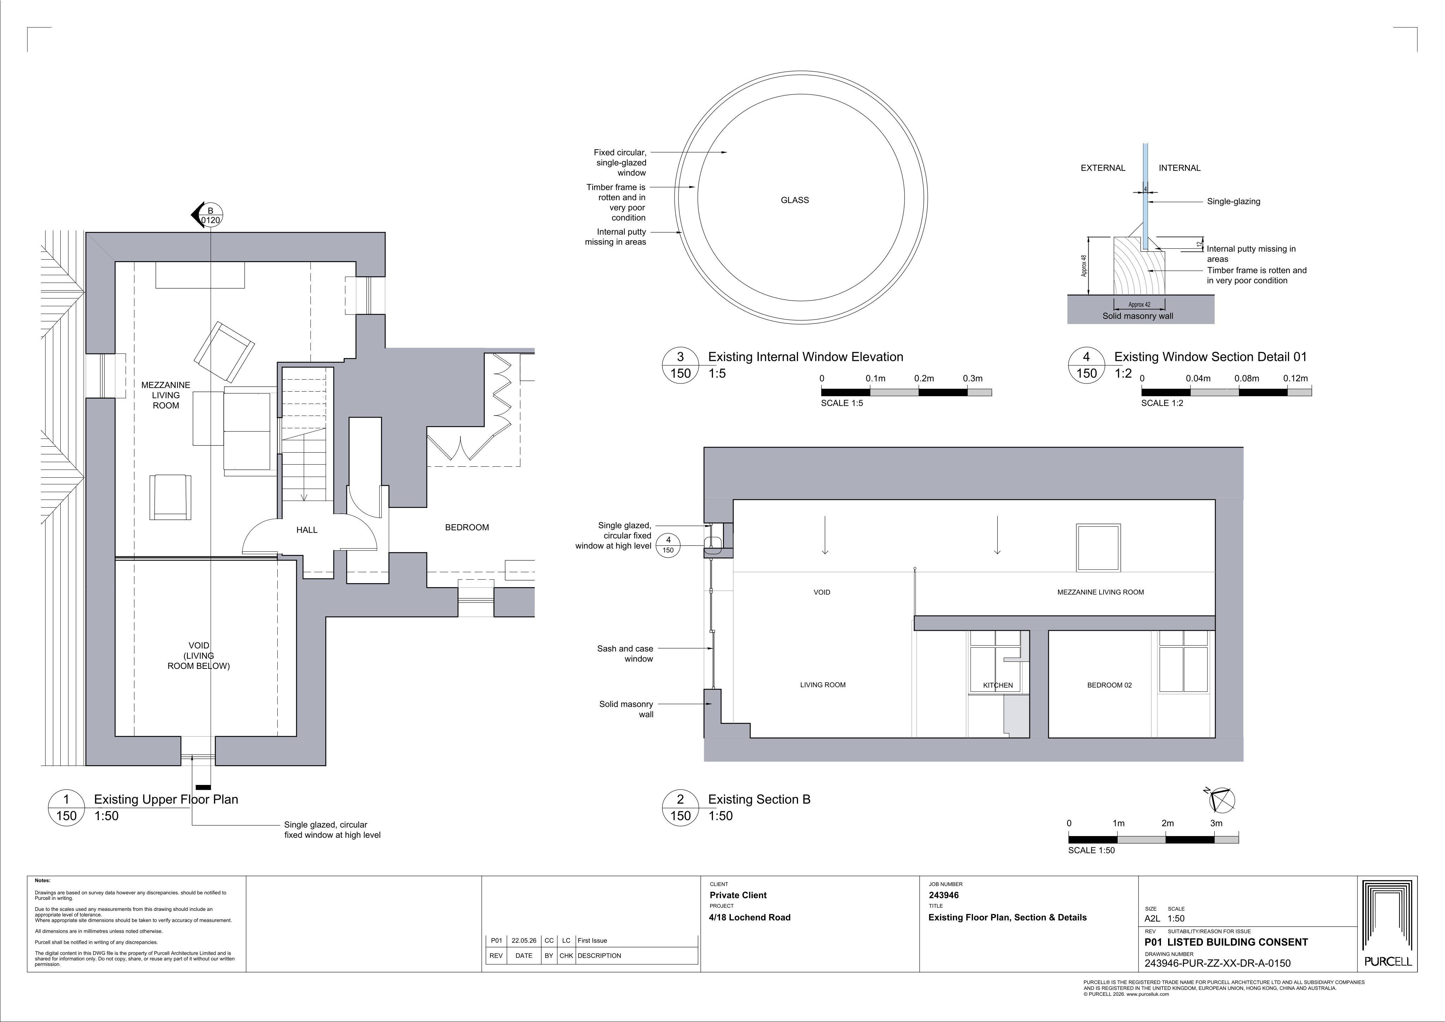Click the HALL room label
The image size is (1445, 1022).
coord(307,530)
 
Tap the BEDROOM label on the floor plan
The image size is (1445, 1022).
coord(467,527)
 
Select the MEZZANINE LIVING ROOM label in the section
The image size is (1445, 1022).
coord(1100,592)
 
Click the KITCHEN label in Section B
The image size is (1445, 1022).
coord(998,685)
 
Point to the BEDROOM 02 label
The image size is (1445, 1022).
coord(1110,685)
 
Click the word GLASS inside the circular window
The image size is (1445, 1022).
coord(795,200)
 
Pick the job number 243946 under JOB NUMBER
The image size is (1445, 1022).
coord(944,895)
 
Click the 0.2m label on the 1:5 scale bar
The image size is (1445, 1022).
coord(924,378)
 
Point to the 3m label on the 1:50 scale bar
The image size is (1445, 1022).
coord(1216,823)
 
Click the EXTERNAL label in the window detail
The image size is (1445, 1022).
coord(1103,168)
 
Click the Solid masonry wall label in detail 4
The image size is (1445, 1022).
coord(1138,316)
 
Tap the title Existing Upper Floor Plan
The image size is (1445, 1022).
coord(166,799)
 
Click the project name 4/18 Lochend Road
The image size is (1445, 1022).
coord(750,918)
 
